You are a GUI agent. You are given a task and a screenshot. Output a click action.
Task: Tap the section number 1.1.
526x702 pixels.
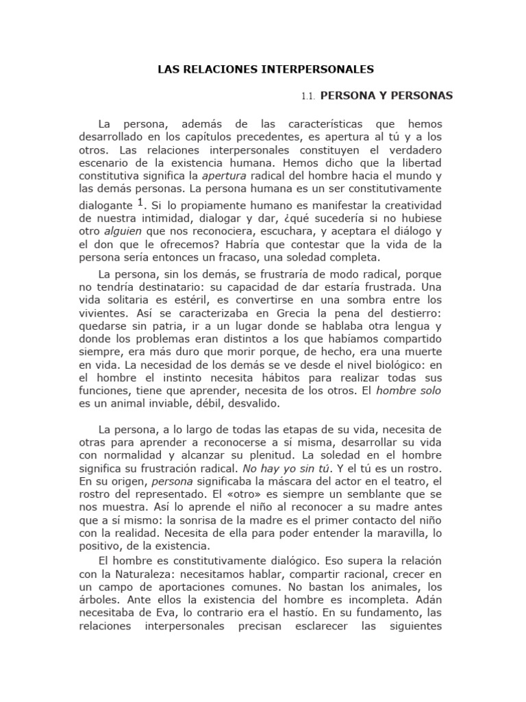click(308, 97)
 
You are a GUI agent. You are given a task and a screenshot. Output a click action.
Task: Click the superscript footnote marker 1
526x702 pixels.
click(140, 202)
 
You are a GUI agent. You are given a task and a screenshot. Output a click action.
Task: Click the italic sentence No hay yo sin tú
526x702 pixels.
click(283, 469)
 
